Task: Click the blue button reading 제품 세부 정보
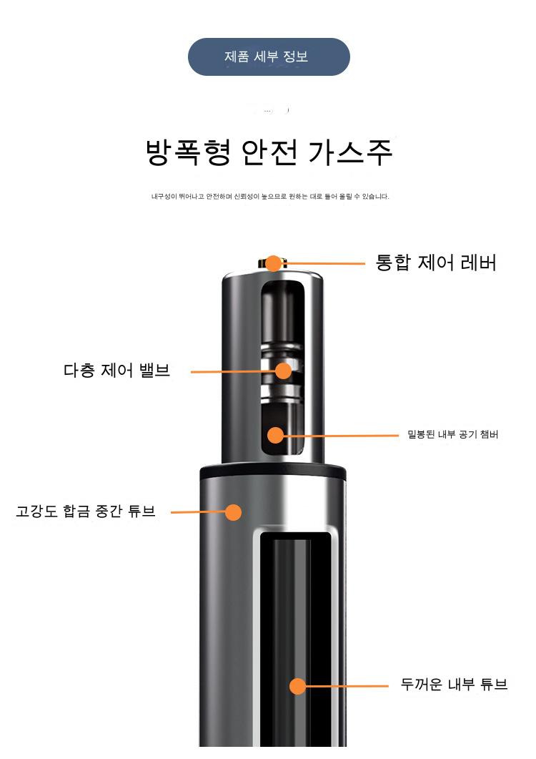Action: pyautogui.click(x=269, y=57)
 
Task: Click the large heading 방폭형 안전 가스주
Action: pyautogui.click(x=269, y=152)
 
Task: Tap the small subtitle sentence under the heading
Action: pyautogui.click(x=270, y=196)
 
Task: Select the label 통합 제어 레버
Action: pyautogui.click(x=436, y=263)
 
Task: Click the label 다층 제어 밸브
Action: pyautogui.click(x=116, y=371)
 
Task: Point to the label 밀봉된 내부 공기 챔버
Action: pyautogui.click(x=452, y=434)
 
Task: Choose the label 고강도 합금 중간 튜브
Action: pyautogui.click(x=86, y=511)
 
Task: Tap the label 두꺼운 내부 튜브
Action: pyautogui.click(x=454, y=684)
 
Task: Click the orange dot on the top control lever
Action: pyautogui.click(x=273, y=263)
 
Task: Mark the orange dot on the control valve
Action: pyautogui.click(x=284, y=371)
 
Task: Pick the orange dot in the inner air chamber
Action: pyautogui.click(x=275, y=435)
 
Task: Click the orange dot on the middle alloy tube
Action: pyautogui.click(x=233, y=512)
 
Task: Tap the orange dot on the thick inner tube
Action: pyautogui.click(x=297, y=686)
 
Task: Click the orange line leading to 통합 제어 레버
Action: pyautogui.click(x=323, y=264)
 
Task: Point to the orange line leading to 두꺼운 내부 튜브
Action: pyautogui.click(x=347, y=686)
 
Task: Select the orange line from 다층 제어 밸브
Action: pyautogui.click(x=233, y=372)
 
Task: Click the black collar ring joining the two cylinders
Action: pyautogui.click(x=273, y=471)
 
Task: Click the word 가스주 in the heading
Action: pyautogui.click(x=349, y=152)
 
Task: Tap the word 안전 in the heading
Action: pyautogui.click(x=269, y=152)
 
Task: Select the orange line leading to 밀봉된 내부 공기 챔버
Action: pyautogui.click(x=341, y=435)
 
